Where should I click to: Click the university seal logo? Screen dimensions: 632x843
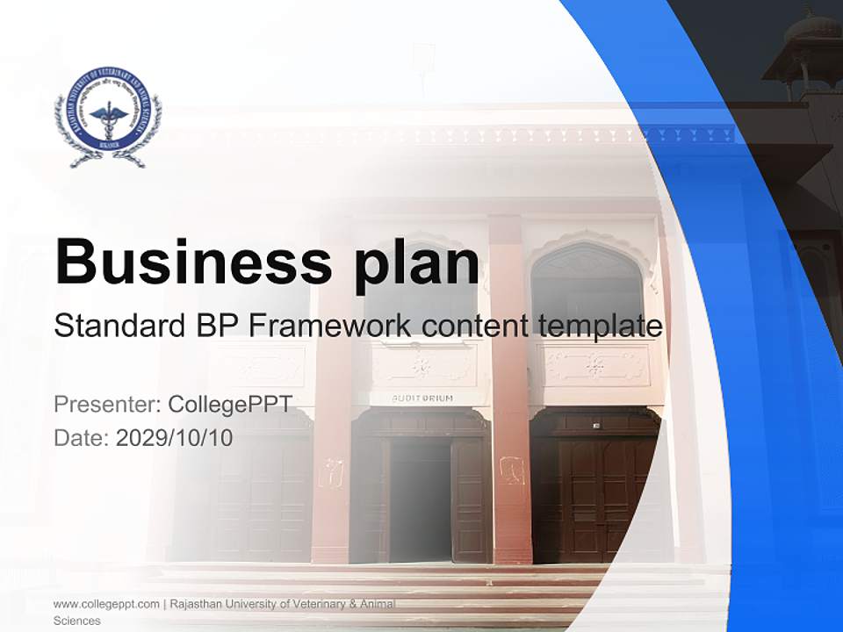click(x=107, y=117)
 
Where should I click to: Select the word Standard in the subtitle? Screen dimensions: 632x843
click(x=116, y=327)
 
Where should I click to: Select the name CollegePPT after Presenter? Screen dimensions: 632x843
click(x=230, y=405)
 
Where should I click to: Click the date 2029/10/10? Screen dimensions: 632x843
click(x=175, y=438)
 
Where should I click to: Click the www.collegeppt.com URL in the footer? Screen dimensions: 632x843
click(x=106, y=604)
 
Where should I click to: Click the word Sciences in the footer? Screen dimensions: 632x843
click(x=77, y=621)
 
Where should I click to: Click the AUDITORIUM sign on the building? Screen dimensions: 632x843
click(x=422, y=398)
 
